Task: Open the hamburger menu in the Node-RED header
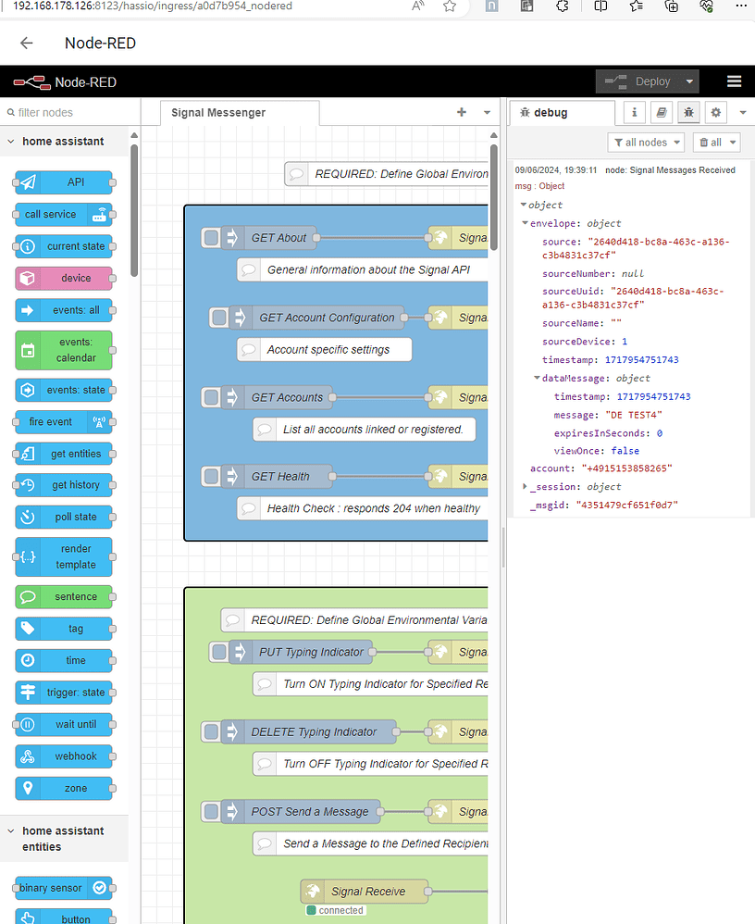pos(734,81)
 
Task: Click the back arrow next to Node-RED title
pos(26,44)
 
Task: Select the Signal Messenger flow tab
pos(218,112)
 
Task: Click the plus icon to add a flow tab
pos(462,112)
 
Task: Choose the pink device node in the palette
pos(64,278)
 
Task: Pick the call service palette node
pos(64,214)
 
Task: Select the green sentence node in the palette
pos(64,596)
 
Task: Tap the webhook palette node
pos(64,755)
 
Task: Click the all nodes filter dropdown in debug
pos(646,142)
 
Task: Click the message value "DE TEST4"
pos(634,415)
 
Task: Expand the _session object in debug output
pos(526,486)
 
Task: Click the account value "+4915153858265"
pos(626,468)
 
